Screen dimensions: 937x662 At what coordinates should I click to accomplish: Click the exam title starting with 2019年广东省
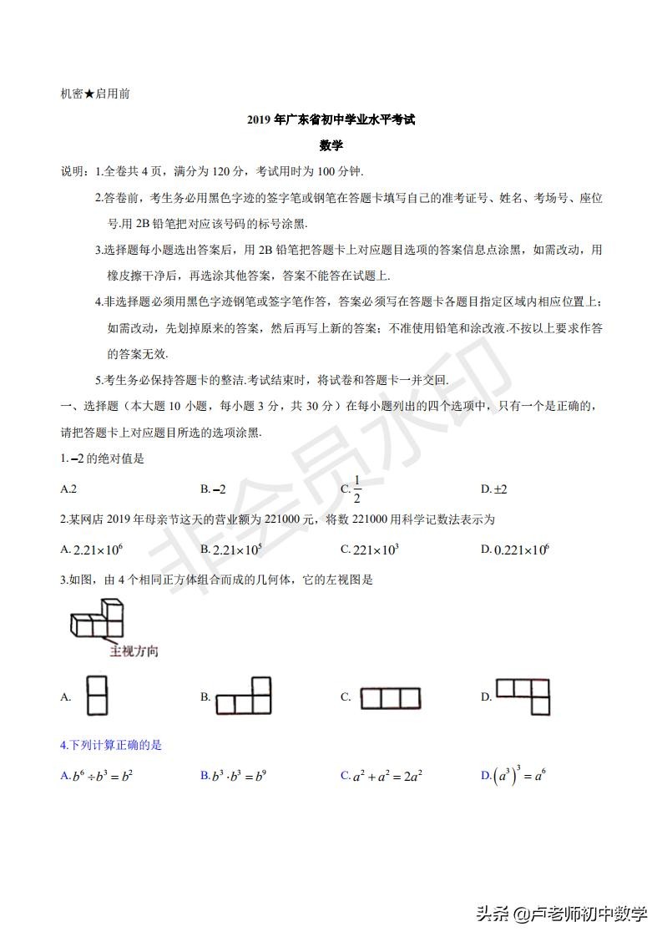click(x=331, y=120)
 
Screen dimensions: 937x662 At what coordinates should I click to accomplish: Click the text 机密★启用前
click(x=95, y=94)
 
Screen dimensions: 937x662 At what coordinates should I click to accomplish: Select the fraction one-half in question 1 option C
click(x=356, y=489)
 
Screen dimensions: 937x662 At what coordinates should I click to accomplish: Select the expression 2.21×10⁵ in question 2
click(x=237, y=549)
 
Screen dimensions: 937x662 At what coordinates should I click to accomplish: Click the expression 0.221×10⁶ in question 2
click(x=521, y=549)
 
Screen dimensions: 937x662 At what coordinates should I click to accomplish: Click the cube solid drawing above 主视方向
click(x=95, y=622)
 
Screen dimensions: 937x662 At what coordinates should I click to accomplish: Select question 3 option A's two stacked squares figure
click(x=98, y=696)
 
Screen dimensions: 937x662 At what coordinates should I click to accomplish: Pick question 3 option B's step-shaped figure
click(x=244, y=696)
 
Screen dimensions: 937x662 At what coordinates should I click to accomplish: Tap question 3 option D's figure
click(x=524, y=696)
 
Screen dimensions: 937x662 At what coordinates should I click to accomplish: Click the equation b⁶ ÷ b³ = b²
click(x=103, y=776)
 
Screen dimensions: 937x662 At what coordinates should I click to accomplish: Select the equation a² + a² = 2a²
click(x=387, y=776)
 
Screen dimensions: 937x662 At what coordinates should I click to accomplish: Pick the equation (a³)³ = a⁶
click(x=519, y=776)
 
